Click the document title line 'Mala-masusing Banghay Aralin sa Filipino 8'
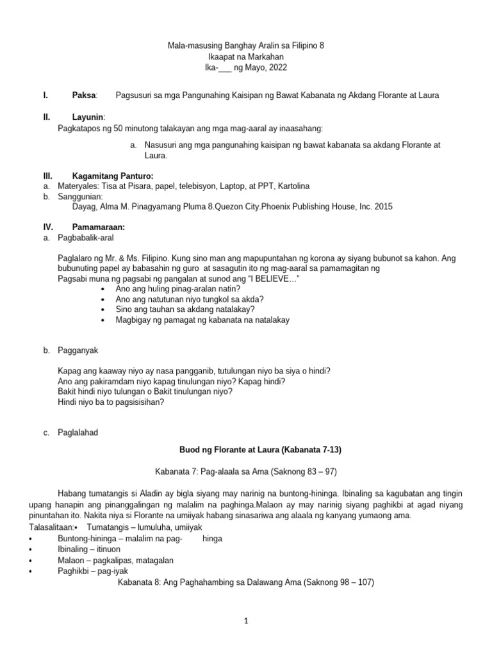tap(245, 46)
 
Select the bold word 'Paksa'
tap(84, 95)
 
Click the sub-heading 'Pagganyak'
tap(78, 350)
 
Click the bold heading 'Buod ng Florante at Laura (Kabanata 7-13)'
tap(245, 451)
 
